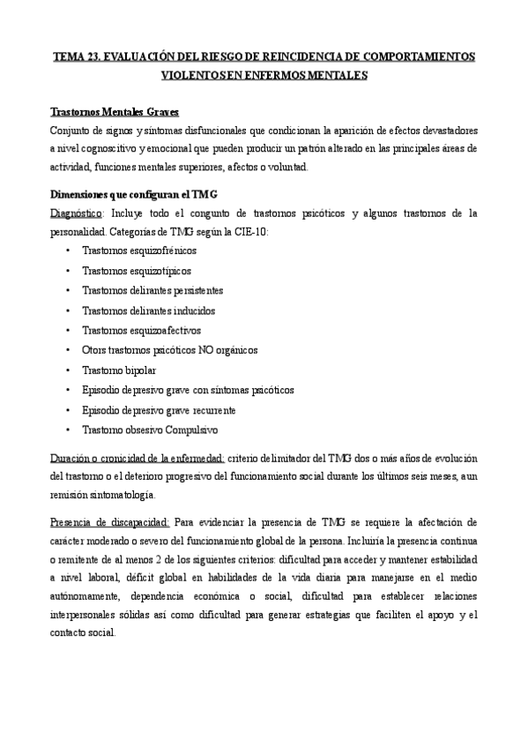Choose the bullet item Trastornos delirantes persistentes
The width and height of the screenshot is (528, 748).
[152, 290]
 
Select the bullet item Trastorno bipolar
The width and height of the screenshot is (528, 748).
[119, 370]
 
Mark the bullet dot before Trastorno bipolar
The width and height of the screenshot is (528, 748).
[68, 370]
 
